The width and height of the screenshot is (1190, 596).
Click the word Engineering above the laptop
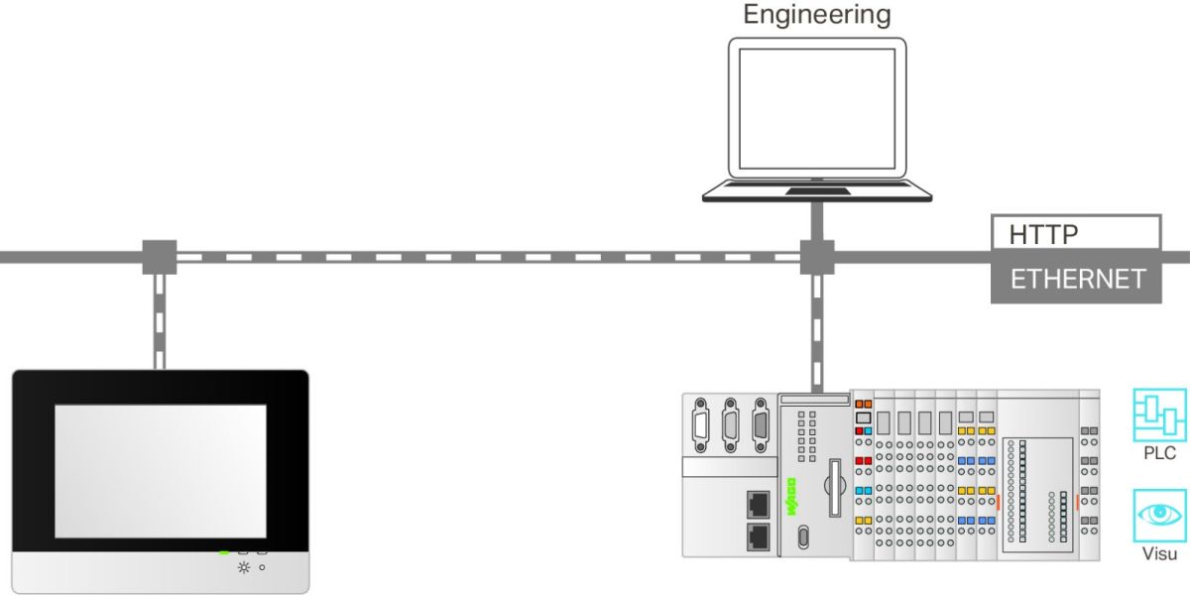coord(816,15)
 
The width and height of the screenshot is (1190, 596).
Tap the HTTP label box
coord(1075,233)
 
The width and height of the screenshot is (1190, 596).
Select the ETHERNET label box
coord(1075,280)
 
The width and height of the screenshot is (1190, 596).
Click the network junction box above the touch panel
coord(159,256)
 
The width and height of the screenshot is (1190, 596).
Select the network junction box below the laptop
coord(816,256)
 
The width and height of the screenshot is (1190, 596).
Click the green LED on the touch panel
coord(224,551)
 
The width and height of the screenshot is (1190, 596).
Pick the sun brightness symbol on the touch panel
coord(243,567)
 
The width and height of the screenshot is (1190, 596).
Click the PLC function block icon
coord(1159,414)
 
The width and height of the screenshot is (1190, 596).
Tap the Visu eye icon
coord(1159,514)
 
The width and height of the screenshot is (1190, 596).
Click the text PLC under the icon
coord(1159,454)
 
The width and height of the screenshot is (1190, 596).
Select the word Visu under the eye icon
coord(1159,554)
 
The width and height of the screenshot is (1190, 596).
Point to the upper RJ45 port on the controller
coord(759,503)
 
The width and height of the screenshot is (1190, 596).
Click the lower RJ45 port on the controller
coord(759,536)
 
